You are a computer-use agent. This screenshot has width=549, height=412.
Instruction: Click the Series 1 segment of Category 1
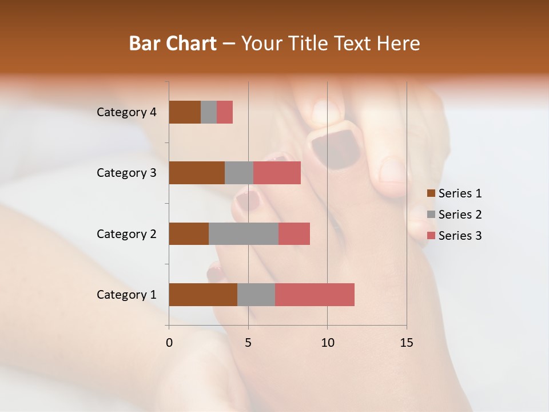[x=203, y=295]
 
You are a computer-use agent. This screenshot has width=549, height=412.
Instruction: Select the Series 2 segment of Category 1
[x=256, y=295]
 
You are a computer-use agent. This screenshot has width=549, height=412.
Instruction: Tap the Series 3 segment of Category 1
[x=315, y=295]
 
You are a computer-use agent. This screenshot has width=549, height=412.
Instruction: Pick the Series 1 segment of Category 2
[x=189, y=233]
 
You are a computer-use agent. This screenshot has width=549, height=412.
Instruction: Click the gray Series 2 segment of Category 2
[x=244, y=233]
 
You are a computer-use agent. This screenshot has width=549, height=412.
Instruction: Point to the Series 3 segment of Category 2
[x=294, y=233]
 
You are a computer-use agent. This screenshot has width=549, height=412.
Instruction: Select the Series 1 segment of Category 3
[x=197, y=173]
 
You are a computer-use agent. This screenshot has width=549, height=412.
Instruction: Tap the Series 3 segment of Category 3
[x=277, y=173]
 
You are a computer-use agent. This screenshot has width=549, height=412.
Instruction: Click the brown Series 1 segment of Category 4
[x=185, y=112]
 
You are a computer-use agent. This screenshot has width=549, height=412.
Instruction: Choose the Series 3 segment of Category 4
[x=225, y=112]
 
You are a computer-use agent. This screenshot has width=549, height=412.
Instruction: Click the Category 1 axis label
[x=126, y=295]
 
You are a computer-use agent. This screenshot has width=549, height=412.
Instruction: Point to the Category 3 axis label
[x=126, y=173]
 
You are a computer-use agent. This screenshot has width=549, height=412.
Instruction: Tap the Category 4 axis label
[x=126, y=112]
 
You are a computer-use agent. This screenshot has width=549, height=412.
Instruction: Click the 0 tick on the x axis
[x=169, y=343]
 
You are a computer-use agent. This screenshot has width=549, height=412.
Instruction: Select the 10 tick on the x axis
[x=327, y=343]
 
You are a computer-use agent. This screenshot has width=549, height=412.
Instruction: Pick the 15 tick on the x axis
[x=406, y=343]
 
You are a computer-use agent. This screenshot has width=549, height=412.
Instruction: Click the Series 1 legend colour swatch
[x=431, y=193]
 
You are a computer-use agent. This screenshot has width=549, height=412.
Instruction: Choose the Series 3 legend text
[x=460, y=236]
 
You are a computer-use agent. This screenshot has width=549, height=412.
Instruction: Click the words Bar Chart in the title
[x=173, y=43]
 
